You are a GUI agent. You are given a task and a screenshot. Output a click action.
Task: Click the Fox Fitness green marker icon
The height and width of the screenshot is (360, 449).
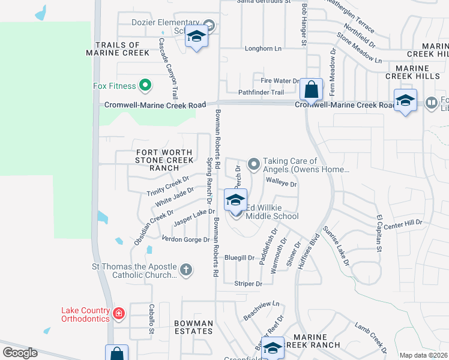145,86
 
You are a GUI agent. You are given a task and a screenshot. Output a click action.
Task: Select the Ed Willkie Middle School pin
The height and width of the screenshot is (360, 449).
235,200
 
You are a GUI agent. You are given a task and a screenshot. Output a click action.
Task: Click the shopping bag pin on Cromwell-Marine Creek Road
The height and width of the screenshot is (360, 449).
312,91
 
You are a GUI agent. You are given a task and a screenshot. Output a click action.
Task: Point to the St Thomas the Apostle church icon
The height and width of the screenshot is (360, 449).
186,270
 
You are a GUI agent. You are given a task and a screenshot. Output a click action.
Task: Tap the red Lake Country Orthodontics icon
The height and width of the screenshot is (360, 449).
119,313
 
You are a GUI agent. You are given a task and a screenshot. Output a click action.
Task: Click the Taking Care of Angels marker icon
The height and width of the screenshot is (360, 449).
254,163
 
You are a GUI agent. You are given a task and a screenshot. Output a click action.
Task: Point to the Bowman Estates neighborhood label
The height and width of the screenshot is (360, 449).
193,326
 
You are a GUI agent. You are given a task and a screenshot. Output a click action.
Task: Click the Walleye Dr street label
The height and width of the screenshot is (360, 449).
281,183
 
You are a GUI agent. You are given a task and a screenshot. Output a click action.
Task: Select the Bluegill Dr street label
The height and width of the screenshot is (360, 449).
240,258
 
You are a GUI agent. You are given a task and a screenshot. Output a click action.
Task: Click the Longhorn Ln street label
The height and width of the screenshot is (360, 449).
263,49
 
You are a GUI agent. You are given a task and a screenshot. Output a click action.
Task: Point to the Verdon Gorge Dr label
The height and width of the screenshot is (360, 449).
185,239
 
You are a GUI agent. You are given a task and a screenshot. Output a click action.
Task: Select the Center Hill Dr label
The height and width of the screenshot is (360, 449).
403,223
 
